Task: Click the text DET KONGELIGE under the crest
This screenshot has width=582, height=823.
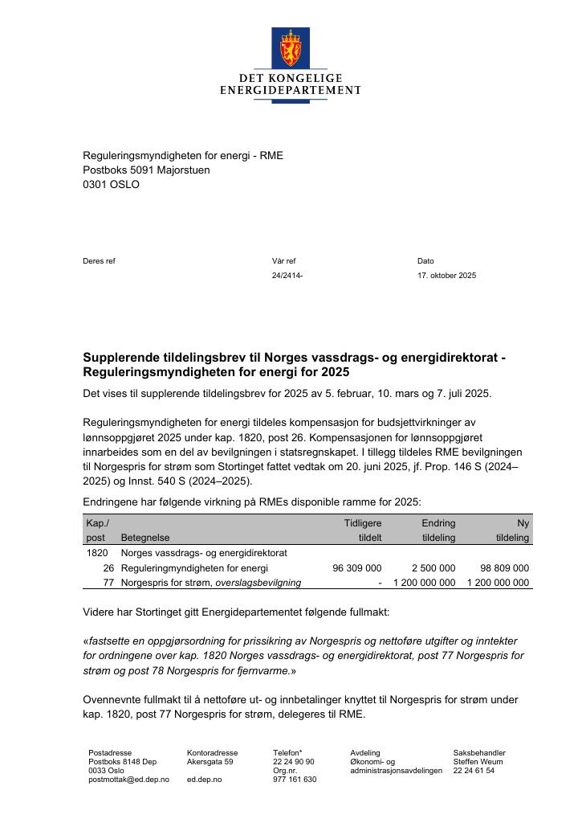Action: tap(290, 78)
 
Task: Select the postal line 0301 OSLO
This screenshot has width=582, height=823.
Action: tap(111, 184)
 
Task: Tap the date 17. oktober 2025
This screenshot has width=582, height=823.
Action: tap(446, 276)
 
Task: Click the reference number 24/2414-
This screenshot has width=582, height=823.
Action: tap(287, 276)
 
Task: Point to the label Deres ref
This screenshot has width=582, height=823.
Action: tap(99, 261)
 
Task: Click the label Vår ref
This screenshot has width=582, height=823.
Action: tap(283, 261)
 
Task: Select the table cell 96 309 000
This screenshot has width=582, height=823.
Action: tap(356, 568)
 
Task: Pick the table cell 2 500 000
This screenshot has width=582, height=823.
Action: tap(433, 568)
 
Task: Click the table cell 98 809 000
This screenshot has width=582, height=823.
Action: tap(504, 568)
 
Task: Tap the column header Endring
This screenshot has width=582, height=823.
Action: tap(438, 523)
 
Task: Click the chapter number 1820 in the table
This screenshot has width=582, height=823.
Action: tap(96, 553)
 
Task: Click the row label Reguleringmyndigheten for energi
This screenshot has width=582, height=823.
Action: tap(194, 568)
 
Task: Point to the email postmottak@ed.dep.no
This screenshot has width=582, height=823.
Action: tap(128, 780)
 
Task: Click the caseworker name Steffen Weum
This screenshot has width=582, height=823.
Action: tap(479, 762)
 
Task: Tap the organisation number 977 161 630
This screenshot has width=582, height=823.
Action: tap(295, 780)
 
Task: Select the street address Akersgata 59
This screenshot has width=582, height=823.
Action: tap(210, 762)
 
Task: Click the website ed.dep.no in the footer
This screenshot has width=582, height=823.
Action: tap(204, 780)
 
